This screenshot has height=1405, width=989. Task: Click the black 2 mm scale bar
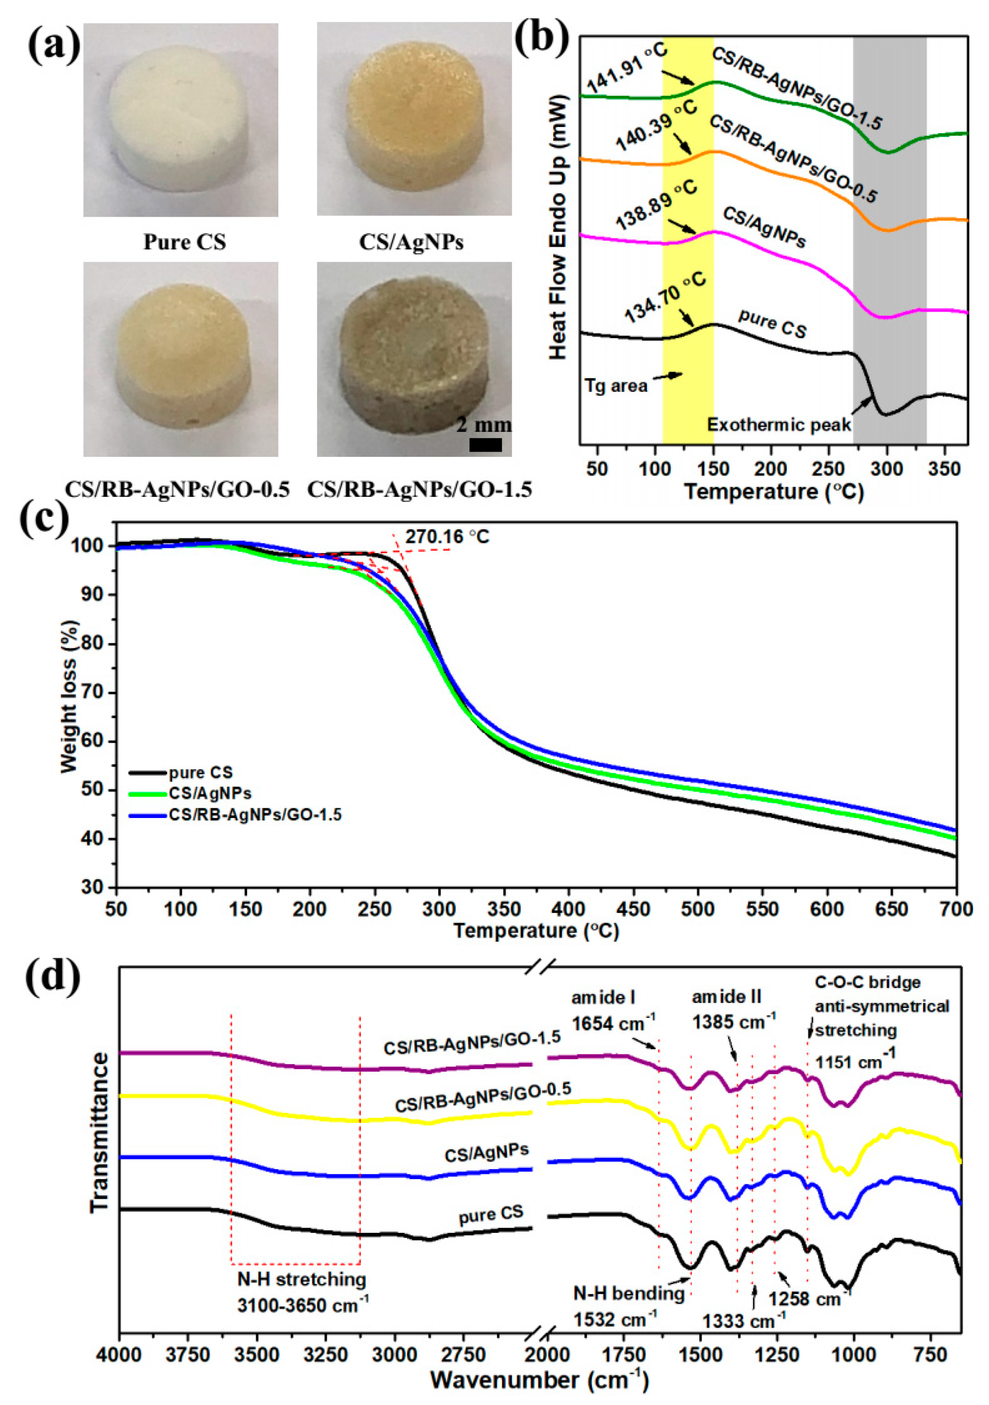point(485,445)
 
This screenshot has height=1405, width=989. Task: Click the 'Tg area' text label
point(615,385)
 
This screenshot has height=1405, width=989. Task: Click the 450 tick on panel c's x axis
point(633,910)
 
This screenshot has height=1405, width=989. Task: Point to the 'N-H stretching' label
point(302,1280)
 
